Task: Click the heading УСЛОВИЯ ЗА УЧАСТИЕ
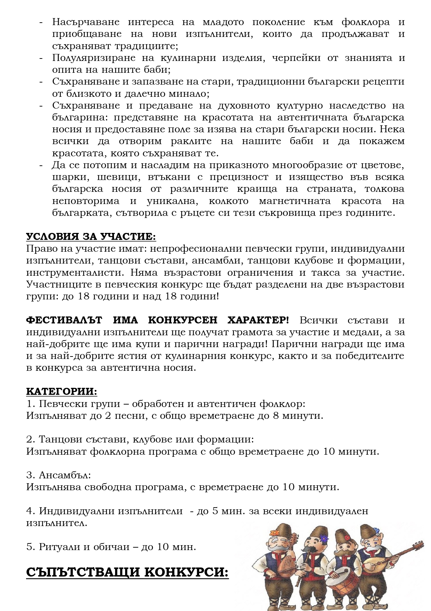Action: coord(91,237)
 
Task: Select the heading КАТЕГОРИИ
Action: coord(62,391)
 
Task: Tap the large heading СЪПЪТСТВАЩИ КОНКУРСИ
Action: coord(127,573)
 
